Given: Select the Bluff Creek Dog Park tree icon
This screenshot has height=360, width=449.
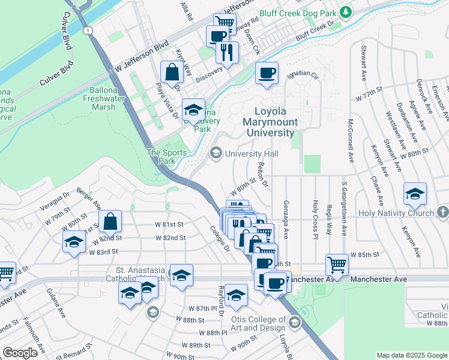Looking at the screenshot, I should (x=346, y=12).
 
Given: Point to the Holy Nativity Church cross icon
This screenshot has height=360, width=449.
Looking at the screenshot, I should (x=442, y=213).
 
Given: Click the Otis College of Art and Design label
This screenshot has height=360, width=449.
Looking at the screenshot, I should (x=256, y=323).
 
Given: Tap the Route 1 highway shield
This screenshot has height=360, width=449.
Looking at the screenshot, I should (x=89, y=30).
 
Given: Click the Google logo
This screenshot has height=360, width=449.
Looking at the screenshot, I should (x=20, y=352).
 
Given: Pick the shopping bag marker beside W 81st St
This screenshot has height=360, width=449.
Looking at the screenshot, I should (x=111, y=222).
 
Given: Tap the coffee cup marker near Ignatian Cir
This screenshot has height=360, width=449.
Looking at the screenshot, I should (x=267, y=73).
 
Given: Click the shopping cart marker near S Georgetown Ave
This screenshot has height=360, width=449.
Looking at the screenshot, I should (x=337, y=265).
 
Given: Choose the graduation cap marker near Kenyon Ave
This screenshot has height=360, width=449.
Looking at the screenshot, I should (x=415, y=194).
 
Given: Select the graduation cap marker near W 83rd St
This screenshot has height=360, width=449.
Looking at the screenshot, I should (x=74, y=242).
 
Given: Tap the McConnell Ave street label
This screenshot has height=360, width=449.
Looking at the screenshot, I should (x=350, y=142).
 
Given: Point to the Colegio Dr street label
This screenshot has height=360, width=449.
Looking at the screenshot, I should (x=220, y=238).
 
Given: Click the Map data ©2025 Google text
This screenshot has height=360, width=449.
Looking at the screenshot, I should (x=411, y=355).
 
